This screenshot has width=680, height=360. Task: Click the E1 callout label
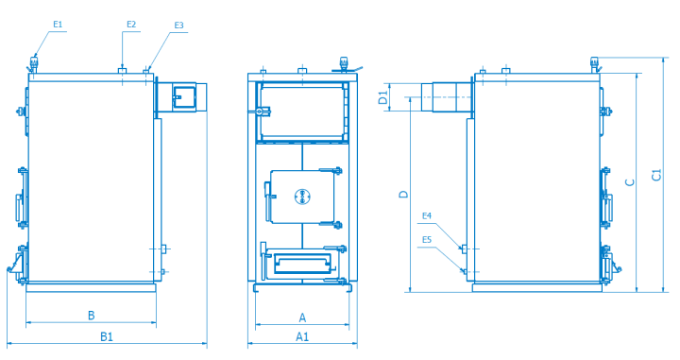[x=58, y=25]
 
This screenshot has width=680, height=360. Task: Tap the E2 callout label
[x=131, y=25]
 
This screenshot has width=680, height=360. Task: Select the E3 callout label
[x=179, y=26]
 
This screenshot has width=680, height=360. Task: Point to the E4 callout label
[x=427, y=215]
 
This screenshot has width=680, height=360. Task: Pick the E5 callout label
[x=427, y=240]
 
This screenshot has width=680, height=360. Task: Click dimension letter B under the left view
[x=91, y=316]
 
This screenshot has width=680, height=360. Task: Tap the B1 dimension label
[x=107, y=336]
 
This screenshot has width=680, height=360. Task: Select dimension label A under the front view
[x=302, y=317]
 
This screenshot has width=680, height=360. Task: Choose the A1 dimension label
[x=302, y=336]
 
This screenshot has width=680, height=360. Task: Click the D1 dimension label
[x=382, y=97]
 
